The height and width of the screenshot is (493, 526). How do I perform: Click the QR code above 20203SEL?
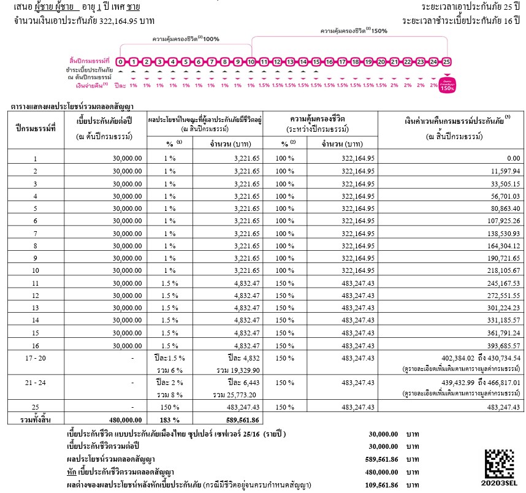(500, 464)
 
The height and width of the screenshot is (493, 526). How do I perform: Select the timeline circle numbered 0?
(121, 62)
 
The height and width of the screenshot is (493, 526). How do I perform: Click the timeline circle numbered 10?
(251, 62)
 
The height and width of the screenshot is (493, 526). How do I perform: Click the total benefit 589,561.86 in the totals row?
(238, 420)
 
